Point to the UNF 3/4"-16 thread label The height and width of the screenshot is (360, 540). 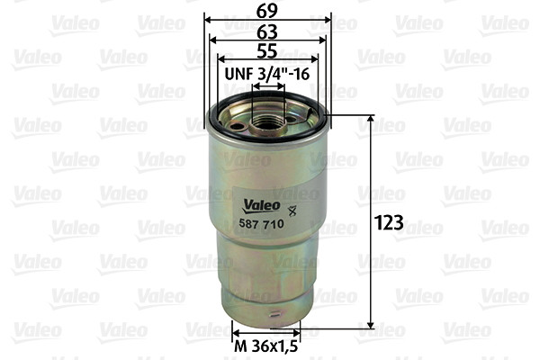tap(268, 76)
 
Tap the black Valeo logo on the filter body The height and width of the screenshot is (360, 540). tap(258, 205)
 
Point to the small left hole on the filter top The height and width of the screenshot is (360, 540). tap(236, 126)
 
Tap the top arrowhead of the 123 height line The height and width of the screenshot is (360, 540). tap(371, 119)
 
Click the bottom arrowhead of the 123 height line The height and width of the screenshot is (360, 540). tap(371, 325)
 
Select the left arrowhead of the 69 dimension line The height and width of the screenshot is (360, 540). tap(209, 19)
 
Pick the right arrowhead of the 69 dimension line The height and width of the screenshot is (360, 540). tap(328, 19)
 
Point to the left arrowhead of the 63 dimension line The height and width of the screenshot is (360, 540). tap(214, 40)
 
